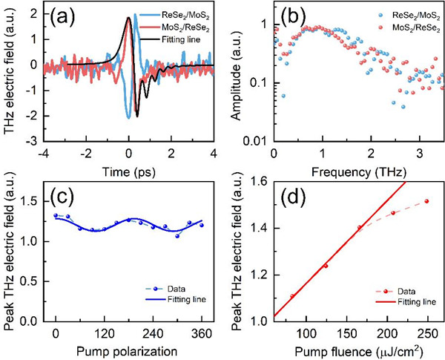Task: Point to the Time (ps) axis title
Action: click(129, 167)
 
